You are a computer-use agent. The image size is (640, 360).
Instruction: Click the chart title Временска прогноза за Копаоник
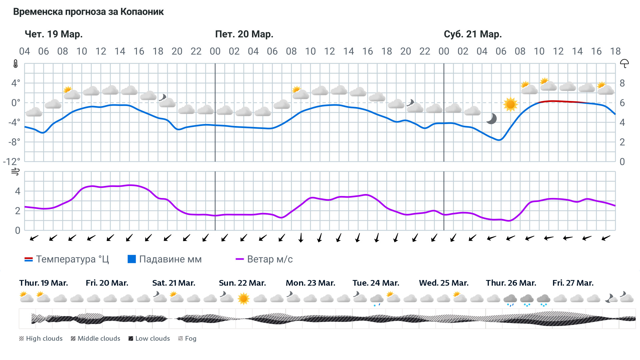pyautogui.click(x=88, y=12)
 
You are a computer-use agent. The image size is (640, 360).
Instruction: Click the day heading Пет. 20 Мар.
pyautogui.click(x=244, y=34)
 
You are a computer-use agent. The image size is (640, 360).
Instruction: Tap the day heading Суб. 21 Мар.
pyautogui.click(x=473, y=34)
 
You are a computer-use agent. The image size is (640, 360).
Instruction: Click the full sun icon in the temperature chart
pyautogui.click(x=510, y=104)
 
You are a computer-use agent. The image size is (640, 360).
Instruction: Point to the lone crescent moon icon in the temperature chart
pyautogui.click(x=491, y=119)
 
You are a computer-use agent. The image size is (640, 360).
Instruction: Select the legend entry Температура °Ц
pyautogui.click(x=67, y=259)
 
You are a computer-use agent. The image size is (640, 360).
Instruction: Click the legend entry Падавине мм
pyautogui.click(x=165, y=259)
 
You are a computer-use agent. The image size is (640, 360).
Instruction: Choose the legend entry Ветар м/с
pyautogui.click(x=264, y=259)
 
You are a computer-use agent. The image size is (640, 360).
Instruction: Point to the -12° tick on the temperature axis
pyautogui.click(x=12, y=162)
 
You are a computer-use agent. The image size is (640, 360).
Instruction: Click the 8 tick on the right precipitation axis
pyautogui.click(x=622, y=83)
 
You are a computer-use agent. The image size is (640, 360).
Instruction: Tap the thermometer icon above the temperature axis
pyautogui.click(x=16, y=64)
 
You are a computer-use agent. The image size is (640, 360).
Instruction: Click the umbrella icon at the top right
pyautogui.click(x=624, y=63)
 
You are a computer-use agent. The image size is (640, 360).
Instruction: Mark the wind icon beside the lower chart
pyautogui.click(x=15, y=172)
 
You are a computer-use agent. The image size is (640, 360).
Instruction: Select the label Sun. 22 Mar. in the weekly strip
pyautogui.click(x=242, y=283)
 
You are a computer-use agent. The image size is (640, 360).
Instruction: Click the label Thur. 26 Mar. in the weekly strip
pyautogui.click(x=511, y=283)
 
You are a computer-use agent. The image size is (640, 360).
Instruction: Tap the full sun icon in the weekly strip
pyautogui.click(x=243, y=298)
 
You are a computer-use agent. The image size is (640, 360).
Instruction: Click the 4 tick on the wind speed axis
pyautogui.click(x=18, y=191)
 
